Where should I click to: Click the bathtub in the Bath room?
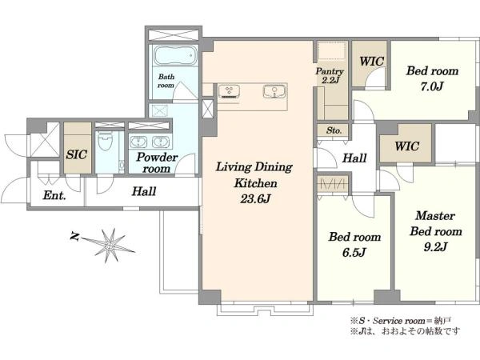[x=174, y=55]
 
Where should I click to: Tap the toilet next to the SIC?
[x=106, y=142]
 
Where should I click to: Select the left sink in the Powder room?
[x=138, y=142]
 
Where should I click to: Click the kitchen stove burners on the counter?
[x=229, y=91]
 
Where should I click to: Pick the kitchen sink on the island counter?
[x=274, y=91]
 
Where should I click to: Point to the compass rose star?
[x=110, y=246]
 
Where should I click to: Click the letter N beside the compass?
[x=74, y=236]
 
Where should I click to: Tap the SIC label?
[x=77, y=154]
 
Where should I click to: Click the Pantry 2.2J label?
[x=330, y=76]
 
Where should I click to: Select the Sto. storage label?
[x=334, y=130]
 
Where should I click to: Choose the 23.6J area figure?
[x=255, y=199]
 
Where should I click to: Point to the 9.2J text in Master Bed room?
[x=435, y=246]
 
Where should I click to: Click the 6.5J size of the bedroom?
[x=354, y=252]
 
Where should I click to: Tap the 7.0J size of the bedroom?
[x=432, y=86]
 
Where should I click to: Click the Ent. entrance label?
[x=54, y=195]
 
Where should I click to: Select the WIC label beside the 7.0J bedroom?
[x=371, y=62]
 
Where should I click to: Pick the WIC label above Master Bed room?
[x=406, y=146]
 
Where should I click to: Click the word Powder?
[x=157, y=157]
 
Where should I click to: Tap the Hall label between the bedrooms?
[x=354, y=158]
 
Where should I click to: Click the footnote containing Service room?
[x=401, y=321]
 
